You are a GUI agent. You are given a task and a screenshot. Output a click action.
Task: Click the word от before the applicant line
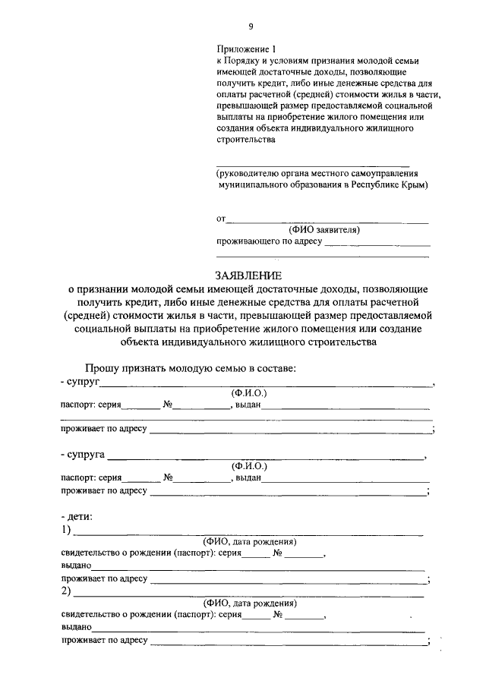click(222, 219)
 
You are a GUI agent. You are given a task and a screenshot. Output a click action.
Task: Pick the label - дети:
click(77, 516)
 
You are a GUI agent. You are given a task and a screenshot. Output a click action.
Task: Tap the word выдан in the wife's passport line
click(248, 478)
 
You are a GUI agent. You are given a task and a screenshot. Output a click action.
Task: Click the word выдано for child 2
click(77, 628)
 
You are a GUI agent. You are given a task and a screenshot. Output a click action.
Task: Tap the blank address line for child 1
click(288, 579)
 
